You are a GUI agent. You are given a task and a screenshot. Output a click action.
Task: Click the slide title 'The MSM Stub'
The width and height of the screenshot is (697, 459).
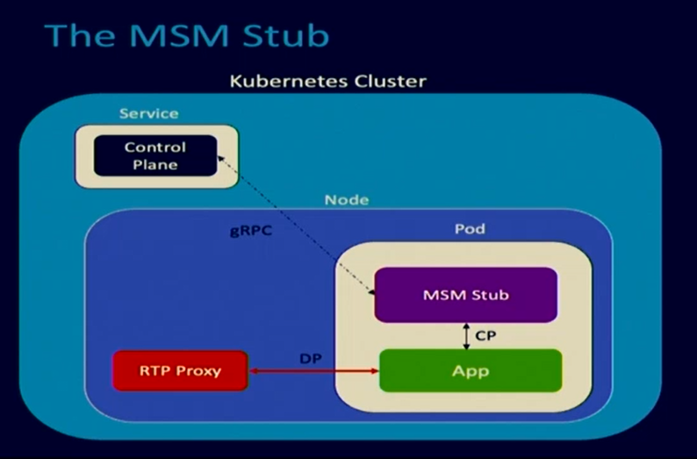[x=186, y=34]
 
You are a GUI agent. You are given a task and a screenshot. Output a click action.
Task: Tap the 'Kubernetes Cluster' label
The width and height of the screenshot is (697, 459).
[x=327, y=82]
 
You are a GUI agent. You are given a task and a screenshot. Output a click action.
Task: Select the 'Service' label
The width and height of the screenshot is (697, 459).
[x=148, y=113]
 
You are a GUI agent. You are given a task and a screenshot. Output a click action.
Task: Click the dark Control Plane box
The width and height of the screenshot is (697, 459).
[x=155, y=156]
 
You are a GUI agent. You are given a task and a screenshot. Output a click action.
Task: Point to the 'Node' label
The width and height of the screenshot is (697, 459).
[x=347, y=199]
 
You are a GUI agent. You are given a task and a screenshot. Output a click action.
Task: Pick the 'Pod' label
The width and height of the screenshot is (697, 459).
[x=470, y=229]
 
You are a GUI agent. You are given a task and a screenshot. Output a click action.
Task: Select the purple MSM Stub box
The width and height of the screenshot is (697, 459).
[x=465, y=295]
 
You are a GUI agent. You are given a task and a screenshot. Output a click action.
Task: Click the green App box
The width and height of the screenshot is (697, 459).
[x=470, y=370]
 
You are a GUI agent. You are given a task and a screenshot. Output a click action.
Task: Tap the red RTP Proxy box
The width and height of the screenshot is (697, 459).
[x=180, y=370]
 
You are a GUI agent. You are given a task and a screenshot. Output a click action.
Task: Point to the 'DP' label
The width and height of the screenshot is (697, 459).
[x=310, y=359]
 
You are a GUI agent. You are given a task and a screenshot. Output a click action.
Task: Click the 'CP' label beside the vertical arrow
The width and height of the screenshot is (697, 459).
[x=485, y=335]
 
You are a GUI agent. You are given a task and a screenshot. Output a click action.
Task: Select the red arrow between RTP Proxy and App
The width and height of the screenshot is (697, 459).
[x=313, y=372]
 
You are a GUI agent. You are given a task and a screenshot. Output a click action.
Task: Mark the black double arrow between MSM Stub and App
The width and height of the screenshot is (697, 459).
[x=466, y=335]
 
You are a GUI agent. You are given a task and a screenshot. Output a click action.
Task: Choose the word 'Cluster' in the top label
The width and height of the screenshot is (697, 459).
[x=385, y=82]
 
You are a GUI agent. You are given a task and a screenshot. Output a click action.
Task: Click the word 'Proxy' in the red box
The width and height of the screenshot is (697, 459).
[x=199, y=370]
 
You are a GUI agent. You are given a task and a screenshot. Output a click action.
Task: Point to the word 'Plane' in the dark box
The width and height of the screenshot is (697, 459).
[x=155, y=164]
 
